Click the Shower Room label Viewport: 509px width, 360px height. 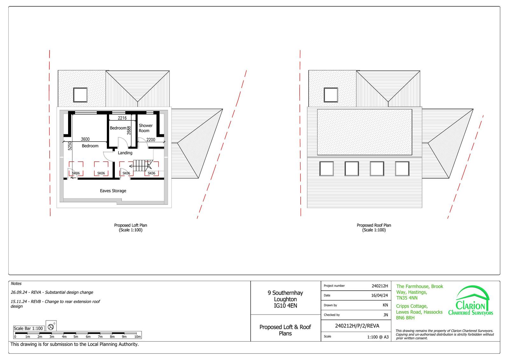(x=146, y=128)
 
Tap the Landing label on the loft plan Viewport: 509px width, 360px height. (x=125, y=153)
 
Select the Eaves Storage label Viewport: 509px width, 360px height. (x=113, y=191)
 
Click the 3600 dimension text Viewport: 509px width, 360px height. (x=85, y=139)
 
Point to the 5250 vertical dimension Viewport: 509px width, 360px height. (x=70, y=146)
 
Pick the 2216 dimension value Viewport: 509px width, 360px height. (x=122, y=118)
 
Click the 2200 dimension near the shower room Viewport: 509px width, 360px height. (x=151, y=140)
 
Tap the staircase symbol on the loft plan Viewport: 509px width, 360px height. (x=141, y=166)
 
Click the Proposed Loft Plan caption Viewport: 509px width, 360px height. (x=130, y=228)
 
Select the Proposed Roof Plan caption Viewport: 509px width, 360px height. (x=374, y=228)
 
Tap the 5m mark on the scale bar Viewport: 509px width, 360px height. (x=76, y=336)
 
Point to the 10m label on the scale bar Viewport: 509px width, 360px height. (x=137, y=336)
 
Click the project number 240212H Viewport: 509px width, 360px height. (x=380, y=286)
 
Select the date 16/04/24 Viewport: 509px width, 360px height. (x=380, y=295)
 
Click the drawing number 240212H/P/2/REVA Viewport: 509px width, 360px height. (x=357, y=326)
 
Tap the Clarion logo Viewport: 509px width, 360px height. (x=471, y=300)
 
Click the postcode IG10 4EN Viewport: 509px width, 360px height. (x=285, y=306)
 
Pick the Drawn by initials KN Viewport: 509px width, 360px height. (x=385, y=305)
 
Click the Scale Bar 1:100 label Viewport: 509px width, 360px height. (x=28, y=328)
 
